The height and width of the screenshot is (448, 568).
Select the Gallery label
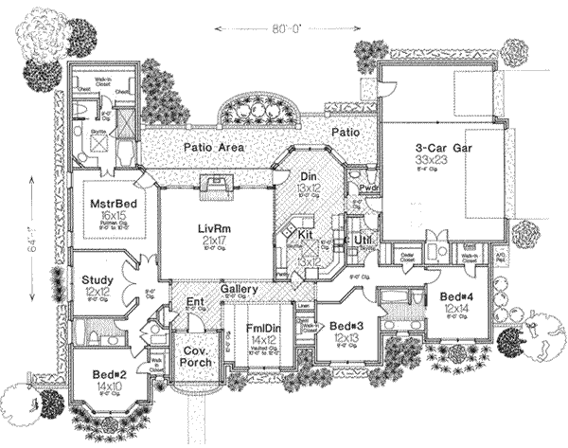tap(240, 288)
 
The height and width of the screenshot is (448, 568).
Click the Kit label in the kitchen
tap(306, 233)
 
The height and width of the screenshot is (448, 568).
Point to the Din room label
tap(309, 176)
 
